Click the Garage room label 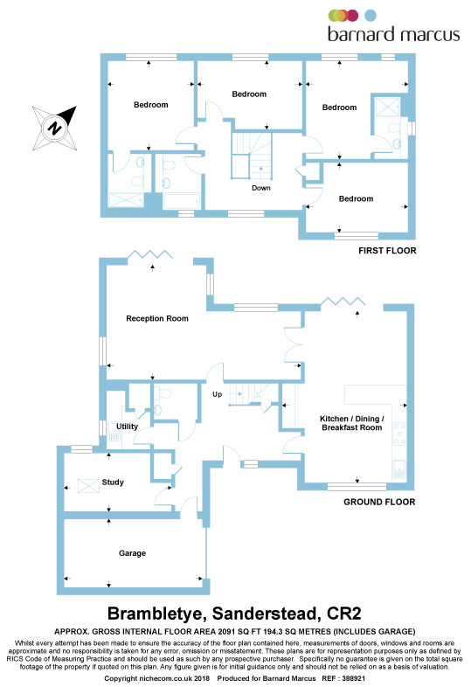click(132, 553)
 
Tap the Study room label click(113, 482)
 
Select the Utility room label click(127, 427)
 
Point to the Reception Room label click(157, 318)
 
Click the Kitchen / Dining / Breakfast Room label click(352, 423)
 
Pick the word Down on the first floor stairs click(261, 188)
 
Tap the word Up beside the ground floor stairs click(218, 394)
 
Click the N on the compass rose click(54, 128)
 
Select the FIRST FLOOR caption click(387, 251)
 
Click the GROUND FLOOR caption click(379, 502)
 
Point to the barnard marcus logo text click(394, 34)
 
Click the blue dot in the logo click(371, 16)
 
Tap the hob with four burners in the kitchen click(398, 434)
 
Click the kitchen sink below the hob click(399, 469)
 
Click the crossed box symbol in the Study click(88, 486)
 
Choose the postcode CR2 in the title click(344, 614)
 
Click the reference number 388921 click(353, 678)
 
